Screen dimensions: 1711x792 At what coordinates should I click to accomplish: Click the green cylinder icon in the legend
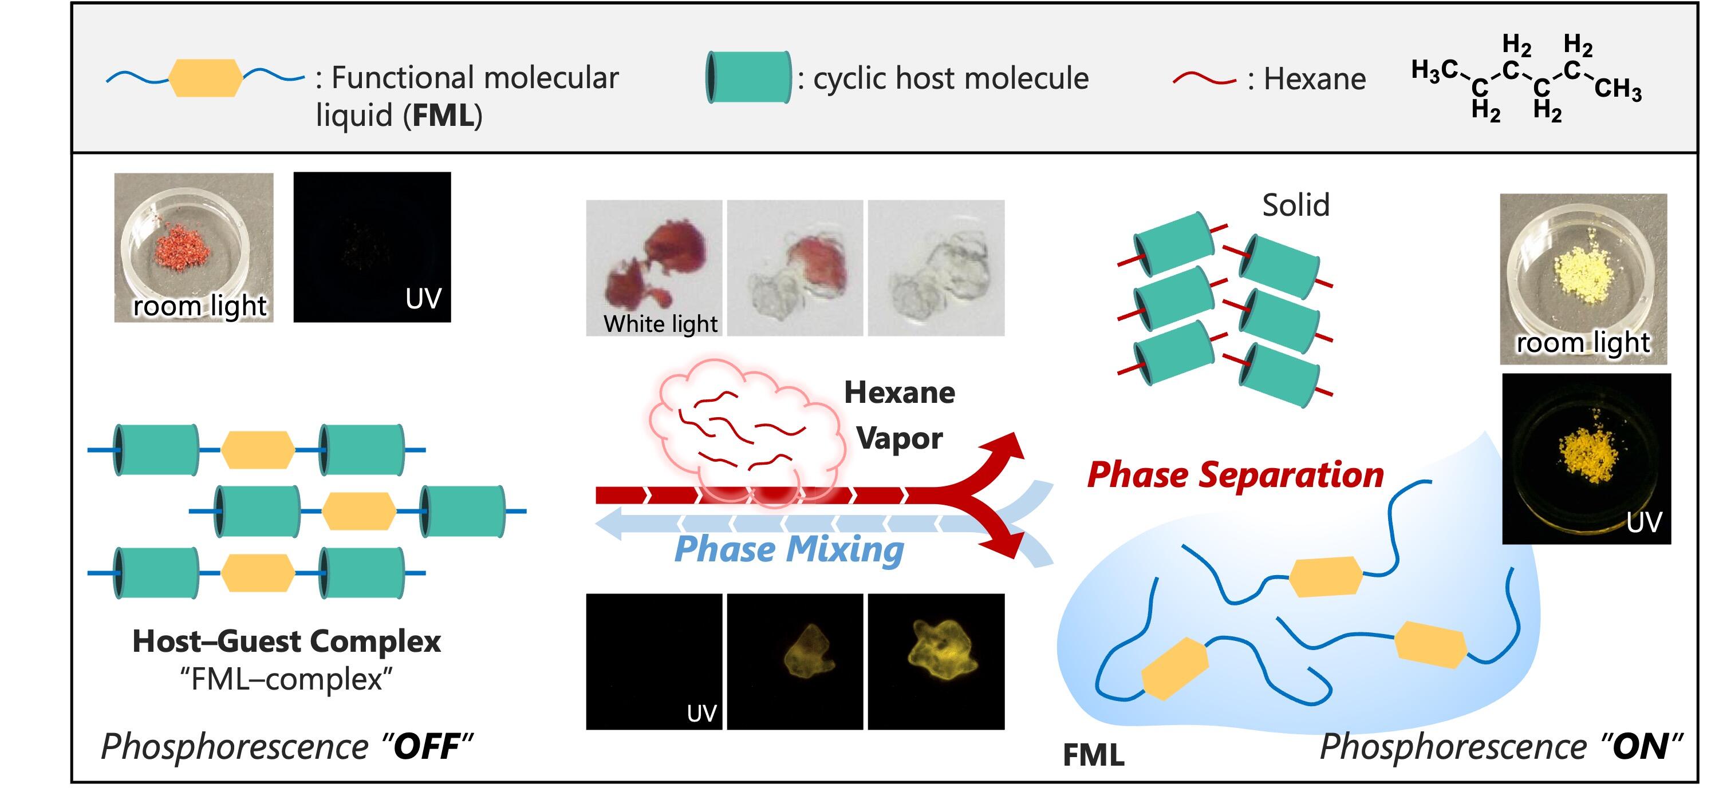(748, 77)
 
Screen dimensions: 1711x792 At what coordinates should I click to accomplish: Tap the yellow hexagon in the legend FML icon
(205, 78)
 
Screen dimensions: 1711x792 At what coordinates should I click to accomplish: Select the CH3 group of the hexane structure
(1618, 88)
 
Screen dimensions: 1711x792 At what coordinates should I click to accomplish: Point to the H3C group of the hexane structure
(1434, 70)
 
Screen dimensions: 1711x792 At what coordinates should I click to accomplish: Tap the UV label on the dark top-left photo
(423, 299)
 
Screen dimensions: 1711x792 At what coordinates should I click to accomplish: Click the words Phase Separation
(1235, 476)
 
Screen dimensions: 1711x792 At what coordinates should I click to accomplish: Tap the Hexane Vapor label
(900, 415)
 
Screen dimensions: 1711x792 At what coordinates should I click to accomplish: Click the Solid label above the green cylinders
(1295, 205)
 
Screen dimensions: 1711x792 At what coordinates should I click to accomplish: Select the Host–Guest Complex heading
(286, 641)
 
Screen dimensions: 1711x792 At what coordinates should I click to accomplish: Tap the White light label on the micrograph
(660, 324)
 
